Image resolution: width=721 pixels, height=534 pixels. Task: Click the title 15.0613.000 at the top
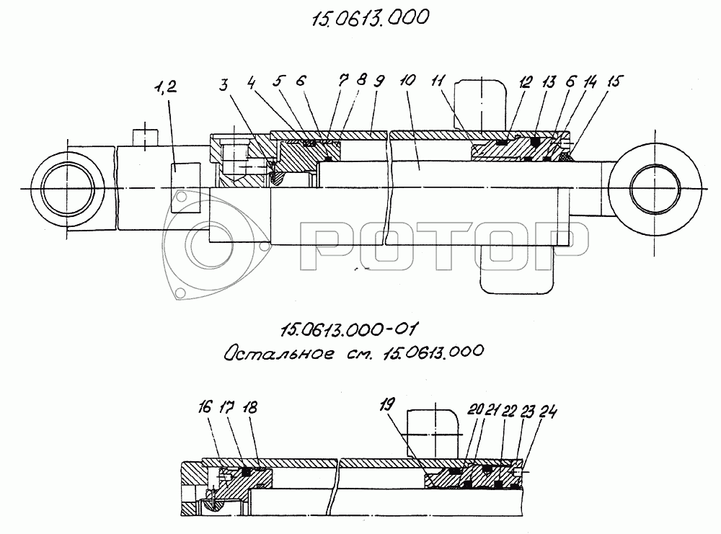click(x=371, y=19)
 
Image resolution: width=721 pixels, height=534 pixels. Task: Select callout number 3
click(x=224, y=84)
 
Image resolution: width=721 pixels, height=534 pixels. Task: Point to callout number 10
click(x=407, y=81)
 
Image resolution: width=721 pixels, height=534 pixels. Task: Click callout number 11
click(x=438, y=81)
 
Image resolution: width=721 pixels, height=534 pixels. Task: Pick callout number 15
click(x=614, y=81)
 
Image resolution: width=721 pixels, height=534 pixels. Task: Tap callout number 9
click(x=379, y=81)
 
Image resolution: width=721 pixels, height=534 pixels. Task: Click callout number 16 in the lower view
click(x=205, y=407)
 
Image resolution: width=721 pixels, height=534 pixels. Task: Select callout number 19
click(x=387, y=404)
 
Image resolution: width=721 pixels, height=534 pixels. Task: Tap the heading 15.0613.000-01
click(x=350, y=329)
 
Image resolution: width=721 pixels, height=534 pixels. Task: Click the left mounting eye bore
click(x=67, y=188)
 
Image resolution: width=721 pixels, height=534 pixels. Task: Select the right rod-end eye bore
click(x=655, y=188)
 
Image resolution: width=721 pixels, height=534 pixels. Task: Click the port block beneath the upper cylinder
click(x=516, y=269)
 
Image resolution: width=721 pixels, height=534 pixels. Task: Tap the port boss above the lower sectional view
click(x=433, y=435)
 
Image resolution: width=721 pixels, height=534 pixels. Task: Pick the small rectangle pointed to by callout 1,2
click(x=186, y=187)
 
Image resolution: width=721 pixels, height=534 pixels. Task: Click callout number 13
click(x=549, y=82)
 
